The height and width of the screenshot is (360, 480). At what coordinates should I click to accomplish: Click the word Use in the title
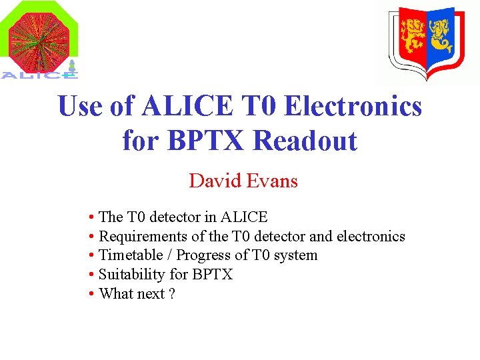(81, 107)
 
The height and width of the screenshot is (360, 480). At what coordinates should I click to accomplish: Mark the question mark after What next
(172, 294)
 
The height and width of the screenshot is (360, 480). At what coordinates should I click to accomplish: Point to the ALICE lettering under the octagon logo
(39, 75)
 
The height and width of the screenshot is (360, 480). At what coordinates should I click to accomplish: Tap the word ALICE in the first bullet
(244, 217)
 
